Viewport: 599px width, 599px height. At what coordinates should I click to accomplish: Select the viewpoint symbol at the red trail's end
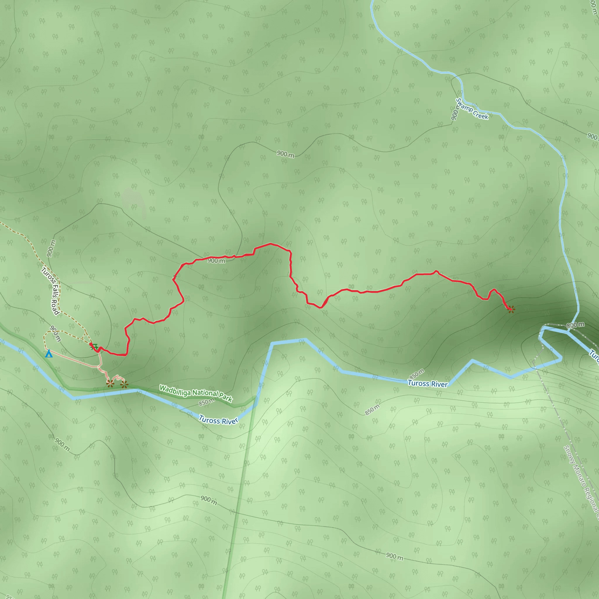point(511,309)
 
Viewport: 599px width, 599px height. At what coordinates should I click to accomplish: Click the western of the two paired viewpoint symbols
point(110,384)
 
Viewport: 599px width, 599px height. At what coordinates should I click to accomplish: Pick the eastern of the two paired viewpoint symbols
point(124,385)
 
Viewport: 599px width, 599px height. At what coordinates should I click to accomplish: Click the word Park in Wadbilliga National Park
point(226,397)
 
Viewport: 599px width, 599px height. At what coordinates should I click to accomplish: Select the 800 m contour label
point(575,325)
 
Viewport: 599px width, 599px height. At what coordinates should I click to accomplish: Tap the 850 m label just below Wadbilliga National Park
point(206,402)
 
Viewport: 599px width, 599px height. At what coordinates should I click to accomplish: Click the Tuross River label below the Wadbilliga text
point(218,420)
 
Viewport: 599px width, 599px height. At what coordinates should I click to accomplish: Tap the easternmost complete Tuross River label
point(428,383)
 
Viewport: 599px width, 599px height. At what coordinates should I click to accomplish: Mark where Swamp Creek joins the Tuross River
point(568,332)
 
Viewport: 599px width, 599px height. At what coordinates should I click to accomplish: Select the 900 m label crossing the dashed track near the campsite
point(56,333)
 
